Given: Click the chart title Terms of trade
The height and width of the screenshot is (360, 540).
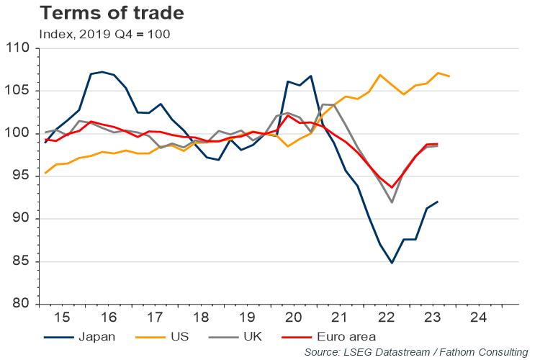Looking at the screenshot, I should click(x=103, y=13).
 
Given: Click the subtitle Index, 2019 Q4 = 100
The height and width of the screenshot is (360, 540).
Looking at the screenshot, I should click(x=104, y=34).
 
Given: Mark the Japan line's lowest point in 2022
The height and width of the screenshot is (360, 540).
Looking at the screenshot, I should click(x=392, y=263).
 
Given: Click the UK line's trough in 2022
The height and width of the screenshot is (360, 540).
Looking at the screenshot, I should click(x=392, y=202).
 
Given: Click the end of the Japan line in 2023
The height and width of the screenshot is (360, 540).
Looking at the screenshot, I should click(x=438, y=202).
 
